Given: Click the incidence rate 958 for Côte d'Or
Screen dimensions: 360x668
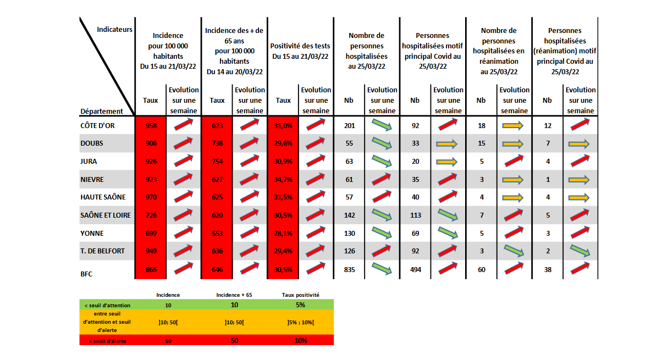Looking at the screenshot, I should tap(151, 126).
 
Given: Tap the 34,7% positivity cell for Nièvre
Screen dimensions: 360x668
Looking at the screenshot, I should tap(283, 179).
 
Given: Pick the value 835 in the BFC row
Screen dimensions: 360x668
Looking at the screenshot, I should tap(349, 269).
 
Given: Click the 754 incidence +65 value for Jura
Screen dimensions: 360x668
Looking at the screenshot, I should tap(217, 162).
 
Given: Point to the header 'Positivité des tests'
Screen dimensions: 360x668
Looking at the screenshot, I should tap(300, 51).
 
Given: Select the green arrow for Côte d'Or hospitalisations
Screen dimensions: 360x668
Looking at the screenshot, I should tap(382, 125).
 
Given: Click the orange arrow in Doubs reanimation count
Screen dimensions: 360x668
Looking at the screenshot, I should tap(515, 144).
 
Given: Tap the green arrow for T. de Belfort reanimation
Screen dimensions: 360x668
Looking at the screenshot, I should tap(515, 251).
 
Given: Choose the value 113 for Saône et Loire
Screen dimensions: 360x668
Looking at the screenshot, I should tap(415, 215).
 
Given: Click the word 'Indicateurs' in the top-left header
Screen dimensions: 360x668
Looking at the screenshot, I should tap(114, 29).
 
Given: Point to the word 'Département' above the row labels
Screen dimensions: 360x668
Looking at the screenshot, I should tap(102, 111).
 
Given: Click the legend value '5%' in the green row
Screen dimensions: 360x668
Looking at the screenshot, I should tap(300, 304).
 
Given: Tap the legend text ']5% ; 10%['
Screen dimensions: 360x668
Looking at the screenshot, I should tap(300, 322).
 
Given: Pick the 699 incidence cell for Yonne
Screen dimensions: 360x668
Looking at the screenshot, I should tap(151, 233).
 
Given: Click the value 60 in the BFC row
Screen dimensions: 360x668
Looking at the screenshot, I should tap(482, 269).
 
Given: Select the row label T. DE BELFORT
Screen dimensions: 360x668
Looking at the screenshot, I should tap(103, 251).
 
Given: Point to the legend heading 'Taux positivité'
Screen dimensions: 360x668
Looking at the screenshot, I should tap(300, 295).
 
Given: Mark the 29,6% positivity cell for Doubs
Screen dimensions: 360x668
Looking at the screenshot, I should tap(283, 143).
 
